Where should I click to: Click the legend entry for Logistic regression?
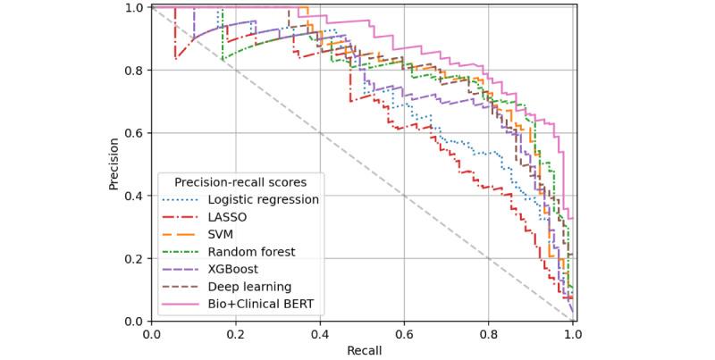pyautogui.click(x=263, y=199)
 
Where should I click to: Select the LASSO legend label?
pyautogui.click(x=227, y=217)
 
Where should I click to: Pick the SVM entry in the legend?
pyautogui.click(x=222, y=234)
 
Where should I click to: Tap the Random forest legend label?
pyautogui.click(x=251, y=252)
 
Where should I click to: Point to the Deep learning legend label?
pyautogui.click(x=249, y=287)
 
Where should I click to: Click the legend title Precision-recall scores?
pyautogui.click(x=239, y=181)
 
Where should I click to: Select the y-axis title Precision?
pyautogui.click(x=114, y=163)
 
